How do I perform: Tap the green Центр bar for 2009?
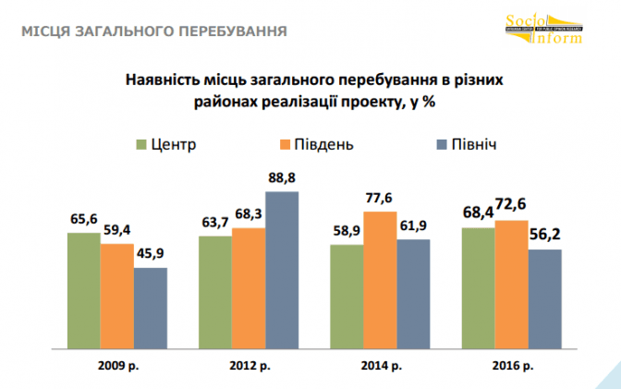coord(83,292)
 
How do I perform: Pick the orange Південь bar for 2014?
coord(381,282)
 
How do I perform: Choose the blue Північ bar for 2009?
coord(150,310)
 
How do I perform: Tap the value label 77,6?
coord(381,197)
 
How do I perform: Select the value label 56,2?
coord(546,234)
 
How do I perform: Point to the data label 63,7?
coord(215,222)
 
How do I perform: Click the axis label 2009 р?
coord(116,366)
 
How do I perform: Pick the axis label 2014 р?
coord(381,366)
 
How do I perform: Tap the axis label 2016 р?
coord(513,366)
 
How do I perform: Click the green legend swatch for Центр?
coord(141,144)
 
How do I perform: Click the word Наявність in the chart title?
coord(166,79)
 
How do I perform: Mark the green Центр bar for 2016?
coord(479,289)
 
